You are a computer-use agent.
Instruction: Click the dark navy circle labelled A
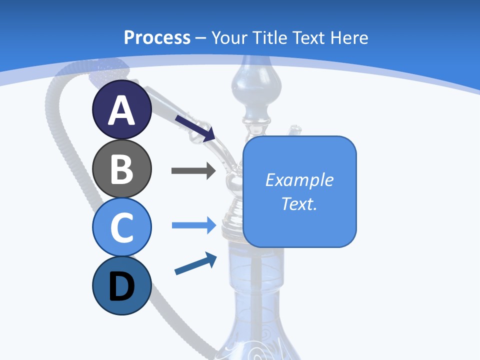pos(122,109)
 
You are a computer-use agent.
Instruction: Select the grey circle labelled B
pos(122,168)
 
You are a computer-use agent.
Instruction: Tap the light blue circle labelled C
pos(122,227)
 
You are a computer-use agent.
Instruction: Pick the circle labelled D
pos(122,285)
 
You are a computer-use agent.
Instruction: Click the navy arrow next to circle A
pos(195,127)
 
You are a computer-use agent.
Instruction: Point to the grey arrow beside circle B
pos(193,171)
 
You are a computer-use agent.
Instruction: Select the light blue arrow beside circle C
pos(193,225)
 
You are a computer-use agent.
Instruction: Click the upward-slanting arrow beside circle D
pos(195,264)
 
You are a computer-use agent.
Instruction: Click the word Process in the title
pos(157,37)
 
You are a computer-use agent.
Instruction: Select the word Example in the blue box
pos(299,180)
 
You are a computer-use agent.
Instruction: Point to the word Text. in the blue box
pos(299,203)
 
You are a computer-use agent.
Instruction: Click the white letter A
pos(122,110)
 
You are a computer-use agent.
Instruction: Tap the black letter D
pos(122,286)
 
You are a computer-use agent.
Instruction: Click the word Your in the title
pos(229,37)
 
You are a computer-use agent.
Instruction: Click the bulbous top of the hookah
pos(250,85)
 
